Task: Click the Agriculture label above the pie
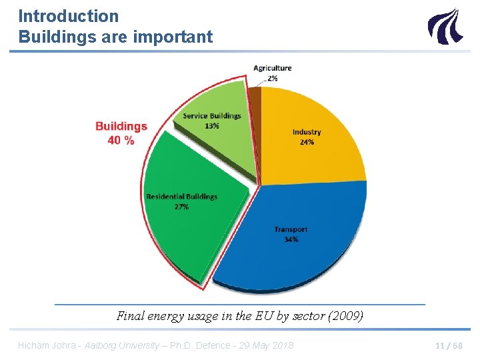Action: pyautogui.click(x=272, y=68)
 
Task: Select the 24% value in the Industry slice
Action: pyautogui.click(x=307, y=142)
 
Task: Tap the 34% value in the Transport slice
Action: pyautogui.click(x=291, y=239)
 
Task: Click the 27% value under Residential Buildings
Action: pyautogui.click(x=181, y=207)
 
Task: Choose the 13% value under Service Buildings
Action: pyautogui.click(x=213, y=126)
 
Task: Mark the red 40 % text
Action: pyautogui.click(x=121, y=140)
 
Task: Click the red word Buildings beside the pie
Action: pyautogui.click(x=121, y=126)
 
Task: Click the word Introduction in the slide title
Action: pyautogui.click(x=68, y=16)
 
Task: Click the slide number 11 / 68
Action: pyautogui.click(x=448, y=345)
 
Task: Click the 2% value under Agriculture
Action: pyautogui.click(x=273, y=78)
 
